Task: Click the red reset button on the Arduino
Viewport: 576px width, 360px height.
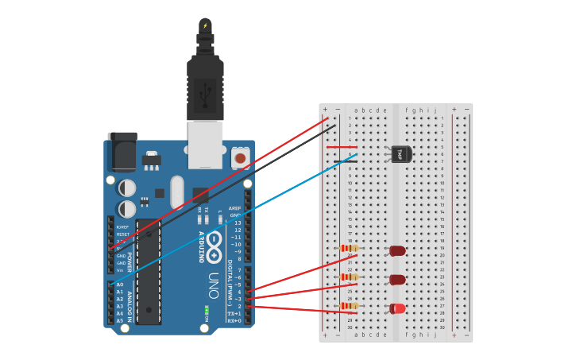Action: tap(239, 158)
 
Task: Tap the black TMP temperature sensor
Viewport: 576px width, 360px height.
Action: tap(400, 153)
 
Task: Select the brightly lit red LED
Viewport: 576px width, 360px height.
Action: tap(397, 308)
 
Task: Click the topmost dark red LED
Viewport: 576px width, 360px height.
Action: tap(397, 251)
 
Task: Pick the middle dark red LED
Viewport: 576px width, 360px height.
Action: tap(397, 280)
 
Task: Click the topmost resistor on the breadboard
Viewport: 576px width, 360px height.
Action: tap(349, 248)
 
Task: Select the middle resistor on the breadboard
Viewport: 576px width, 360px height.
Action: tap(349, 277)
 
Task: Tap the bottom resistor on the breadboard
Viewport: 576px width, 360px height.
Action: tap(349, 306)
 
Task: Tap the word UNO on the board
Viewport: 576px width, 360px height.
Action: tap(213, 285)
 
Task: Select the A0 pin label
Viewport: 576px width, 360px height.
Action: tap(120, 285)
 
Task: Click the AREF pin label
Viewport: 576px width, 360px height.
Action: tap(234, 207)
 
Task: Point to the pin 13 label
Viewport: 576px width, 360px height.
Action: tap(236, 223)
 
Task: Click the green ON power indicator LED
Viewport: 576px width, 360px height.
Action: tap(207, 308)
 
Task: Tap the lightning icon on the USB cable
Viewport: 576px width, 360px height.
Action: tap(205, 25)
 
